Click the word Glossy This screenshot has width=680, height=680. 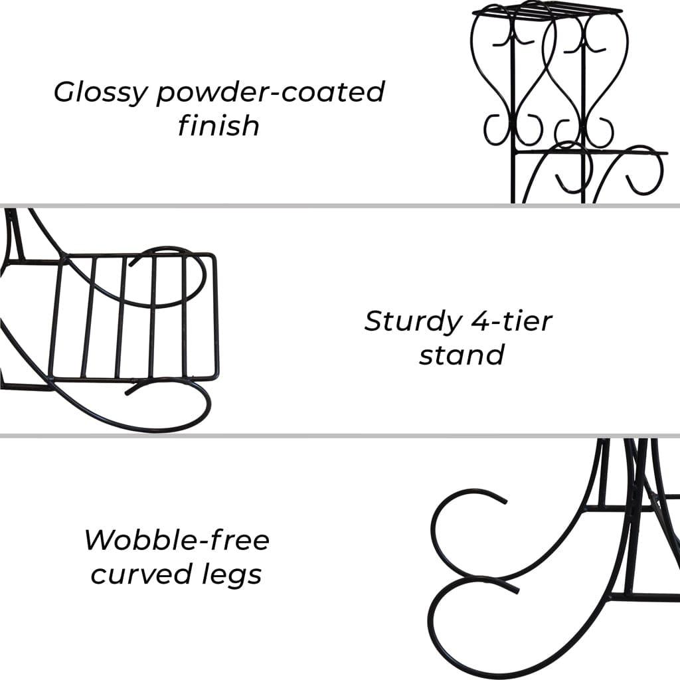pos(101,93)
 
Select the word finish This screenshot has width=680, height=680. pos(218,126)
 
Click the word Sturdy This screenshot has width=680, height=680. pos(413,322)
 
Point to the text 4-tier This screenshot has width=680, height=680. pos(512,321)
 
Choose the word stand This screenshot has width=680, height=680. pos(462,355)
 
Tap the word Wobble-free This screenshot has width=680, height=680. pos(177,541)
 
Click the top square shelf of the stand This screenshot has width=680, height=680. pos(547,11)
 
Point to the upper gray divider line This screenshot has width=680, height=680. pos(340,206)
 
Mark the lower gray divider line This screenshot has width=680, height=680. pos(340,436)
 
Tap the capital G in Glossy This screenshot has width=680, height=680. pos(66,92)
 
